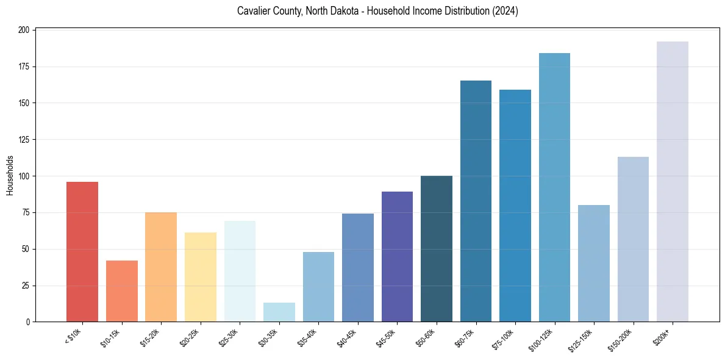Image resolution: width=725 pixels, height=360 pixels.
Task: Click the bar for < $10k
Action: point(82,251)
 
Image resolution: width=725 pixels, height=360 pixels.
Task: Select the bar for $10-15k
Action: point(122,291)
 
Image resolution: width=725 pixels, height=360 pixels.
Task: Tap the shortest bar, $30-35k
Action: point(279,312)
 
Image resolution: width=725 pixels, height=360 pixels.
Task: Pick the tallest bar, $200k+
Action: point(672,181)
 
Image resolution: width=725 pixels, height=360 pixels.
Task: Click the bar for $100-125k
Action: point(554,187)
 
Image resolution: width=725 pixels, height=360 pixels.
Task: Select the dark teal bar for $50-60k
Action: point(437,248)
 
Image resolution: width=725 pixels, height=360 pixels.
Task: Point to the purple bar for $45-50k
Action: point(397,256)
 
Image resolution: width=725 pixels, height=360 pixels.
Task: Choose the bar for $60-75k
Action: point(476,201)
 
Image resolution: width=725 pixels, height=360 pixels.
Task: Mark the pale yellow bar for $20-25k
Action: point(201,277)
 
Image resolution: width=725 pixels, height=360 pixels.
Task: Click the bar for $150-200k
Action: point(633,239)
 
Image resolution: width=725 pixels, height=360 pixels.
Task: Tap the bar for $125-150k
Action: point(593,263)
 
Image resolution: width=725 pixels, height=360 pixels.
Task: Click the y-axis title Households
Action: point(10,175)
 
